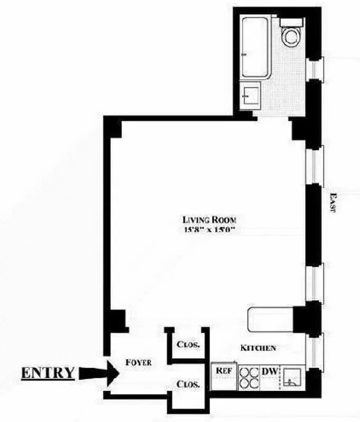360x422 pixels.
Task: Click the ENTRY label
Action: pos(48,372)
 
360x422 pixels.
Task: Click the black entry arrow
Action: pos(99,373)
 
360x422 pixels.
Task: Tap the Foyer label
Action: pos(139,362)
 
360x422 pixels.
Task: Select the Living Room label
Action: pos(209,219)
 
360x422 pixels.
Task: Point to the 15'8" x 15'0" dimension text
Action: pos(209,229)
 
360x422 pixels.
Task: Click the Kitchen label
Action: pos(258,348)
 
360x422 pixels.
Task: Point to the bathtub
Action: pos(255,47)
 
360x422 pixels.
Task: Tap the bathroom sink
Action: pos(250,96)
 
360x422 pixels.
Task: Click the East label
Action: pos(333,202)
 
